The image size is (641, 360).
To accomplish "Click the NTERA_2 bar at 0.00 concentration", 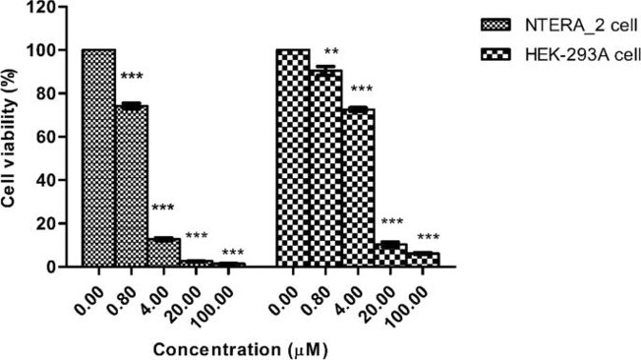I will point(98,157).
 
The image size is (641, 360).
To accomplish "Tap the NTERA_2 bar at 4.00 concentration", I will point(163,252).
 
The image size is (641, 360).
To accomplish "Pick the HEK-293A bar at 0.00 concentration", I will point(293,157).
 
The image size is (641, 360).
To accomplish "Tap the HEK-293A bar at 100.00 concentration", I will point(423,260).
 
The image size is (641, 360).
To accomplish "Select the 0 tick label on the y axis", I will point(65,267).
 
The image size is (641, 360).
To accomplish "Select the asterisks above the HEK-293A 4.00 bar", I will point(363,90).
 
